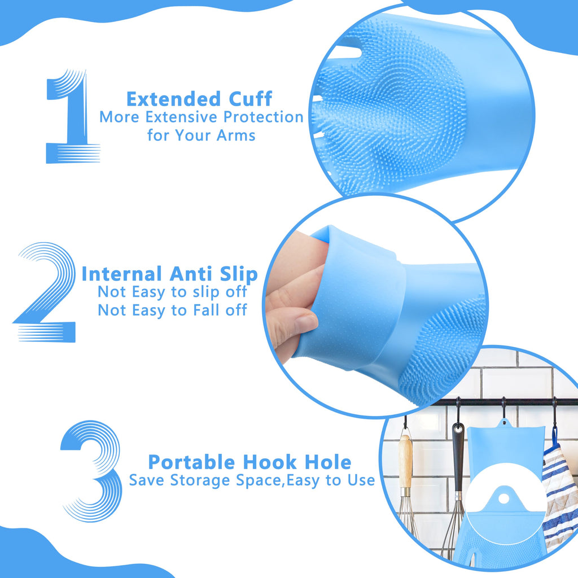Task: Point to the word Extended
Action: pyautogui.click(x=165, y=99)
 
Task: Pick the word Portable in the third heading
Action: pyautogui.click(x=192, y=462)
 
